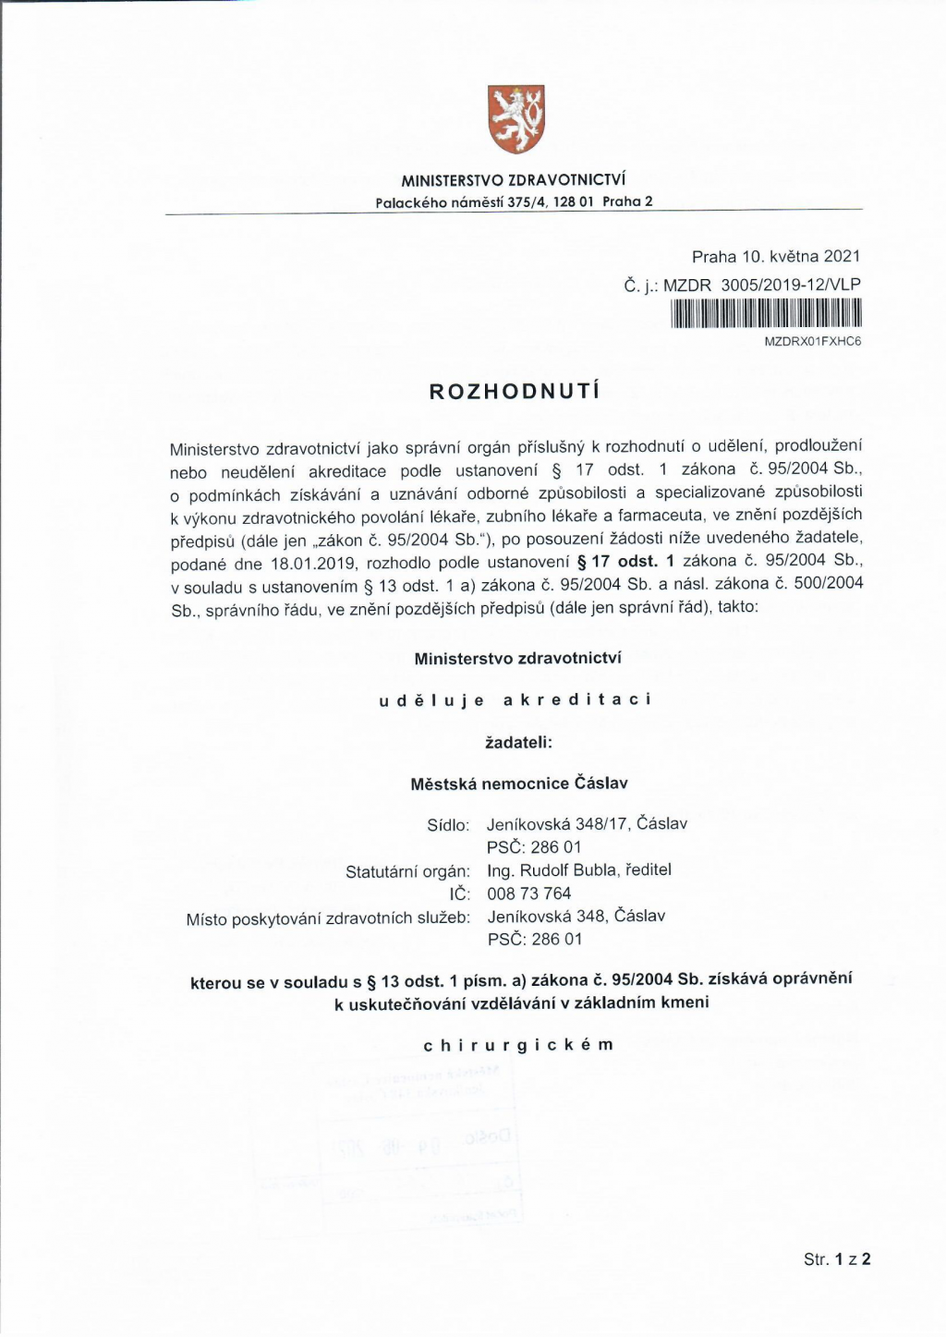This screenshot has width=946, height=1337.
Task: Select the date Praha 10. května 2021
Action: pos(775,257)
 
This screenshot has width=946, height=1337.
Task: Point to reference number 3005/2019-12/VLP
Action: pos(790,285)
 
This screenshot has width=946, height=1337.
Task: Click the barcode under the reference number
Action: pos(766,315)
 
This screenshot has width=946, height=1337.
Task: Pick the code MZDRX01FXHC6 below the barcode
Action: pos(812,341)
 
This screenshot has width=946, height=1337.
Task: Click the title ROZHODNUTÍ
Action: pos(515,391)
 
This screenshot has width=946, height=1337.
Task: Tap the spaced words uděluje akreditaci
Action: pos(515,699)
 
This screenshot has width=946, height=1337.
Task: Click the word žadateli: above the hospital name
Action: pos(518,742)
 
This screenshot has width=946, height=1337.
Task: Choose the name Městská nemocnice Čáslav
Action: pos(518,784)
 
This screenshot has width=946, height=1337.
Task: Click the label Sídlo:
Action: pos(448,825)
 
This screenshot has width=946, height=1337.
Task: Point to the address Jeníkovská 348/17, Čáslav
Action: pos(587,824)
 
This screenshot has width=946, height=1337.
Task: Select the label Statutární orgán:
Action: pos(407,871)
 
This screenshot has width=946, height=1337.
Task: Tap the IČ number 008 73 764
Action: pos(529,893)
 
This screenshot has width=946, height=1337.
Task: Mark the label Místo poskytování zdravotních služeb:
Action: pos(328,918)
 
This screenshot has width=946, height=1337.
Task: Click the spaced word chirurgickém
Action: pos(518,1045)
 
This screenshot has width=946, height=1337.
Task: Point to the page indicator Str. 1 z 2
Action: pos(837,1258)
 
